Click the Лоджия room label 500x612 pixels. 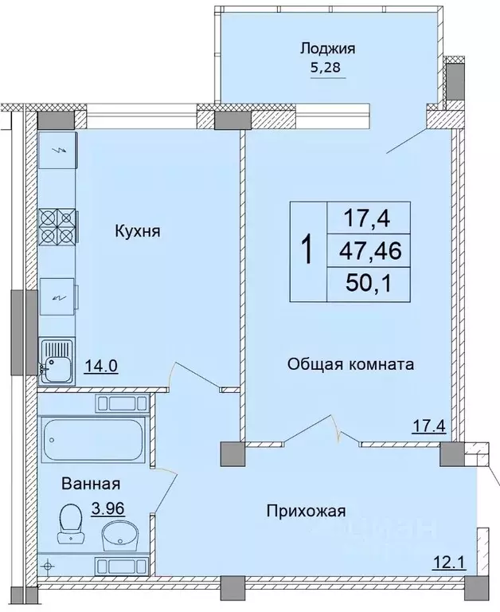(327, 49)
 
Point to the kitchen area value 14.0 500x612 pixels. (101, 367)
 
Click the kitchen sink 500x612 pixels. (57, 361)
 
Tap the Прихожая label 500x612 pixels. (305, 511)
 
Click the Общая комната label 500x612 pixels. (350, 366)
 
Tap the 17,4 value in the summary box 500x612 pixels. (366, 218)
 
